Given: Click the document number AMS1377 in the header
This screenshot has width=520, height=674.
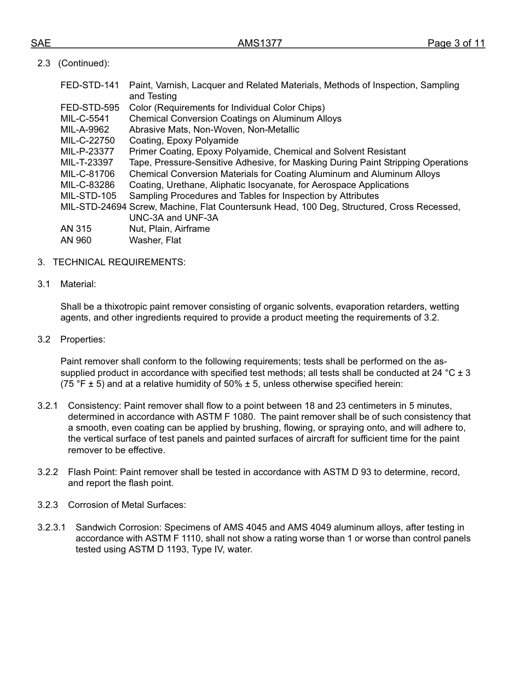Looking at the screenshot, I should [259, 44].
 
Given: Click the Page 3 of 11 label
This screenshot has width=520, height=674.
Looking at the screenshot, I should [456, 44].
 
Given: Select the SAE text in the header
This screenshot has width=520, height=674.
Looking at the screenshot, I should [41, 44].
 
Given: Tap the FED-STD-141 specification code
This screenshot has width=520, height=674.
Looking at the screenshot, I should [90, 85].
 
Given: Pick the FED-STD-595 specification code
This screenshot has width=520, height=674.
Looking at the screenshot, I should [90, 107].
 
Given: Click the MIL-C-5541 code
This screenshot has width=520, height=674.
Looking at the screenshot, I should [85, 118].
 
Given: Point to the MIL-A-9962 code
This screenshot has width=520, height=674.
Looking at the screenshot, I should [85, 130].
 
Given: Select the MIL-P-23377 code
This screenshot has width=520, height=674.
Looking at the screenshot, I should [87, 152].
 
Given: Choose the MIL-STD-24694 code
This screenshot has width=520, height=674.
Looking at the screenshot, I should [93, 207].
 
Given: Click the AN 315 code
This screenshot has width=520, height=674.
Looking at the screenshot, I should [76, 229].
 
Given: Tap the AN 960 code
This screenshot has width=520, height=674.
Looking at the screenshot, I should [76, 241].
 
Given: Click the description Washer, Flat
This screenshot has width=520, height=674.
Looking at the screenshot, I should [155, 241].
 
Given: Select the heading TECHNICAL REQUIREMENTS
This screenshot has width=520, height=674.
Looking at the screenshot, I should [119, 262].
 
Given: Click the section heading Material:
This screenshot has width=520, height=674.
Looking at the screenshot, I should [78, 284].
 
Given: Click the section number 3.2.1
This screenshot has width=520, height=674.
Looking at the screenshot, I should [48, 406].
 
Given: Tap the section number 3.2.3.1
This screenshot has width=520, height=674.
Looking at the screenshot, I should [51, 528].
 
